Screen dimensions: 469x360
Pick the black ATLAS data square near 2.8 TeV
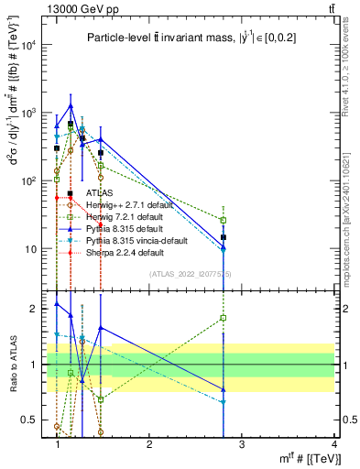coord(224,237)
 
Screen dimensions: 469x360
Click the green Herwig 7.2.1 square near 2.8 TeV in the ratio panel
coord(224,318)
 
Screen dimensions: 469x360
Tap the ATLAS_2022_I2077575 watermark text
coord(191,273)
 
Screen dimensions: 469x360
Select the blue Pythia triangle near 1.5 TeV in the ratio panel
coord(101,327)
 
